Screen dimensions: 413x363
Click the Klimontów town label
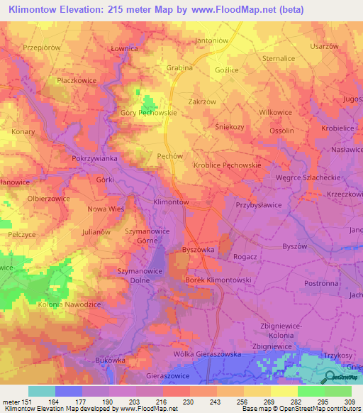pos(171,202)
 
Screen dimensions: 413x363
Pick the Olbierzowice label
pos(48,199)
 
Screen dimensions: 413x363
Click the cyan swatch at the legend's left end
pos(42,391)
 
